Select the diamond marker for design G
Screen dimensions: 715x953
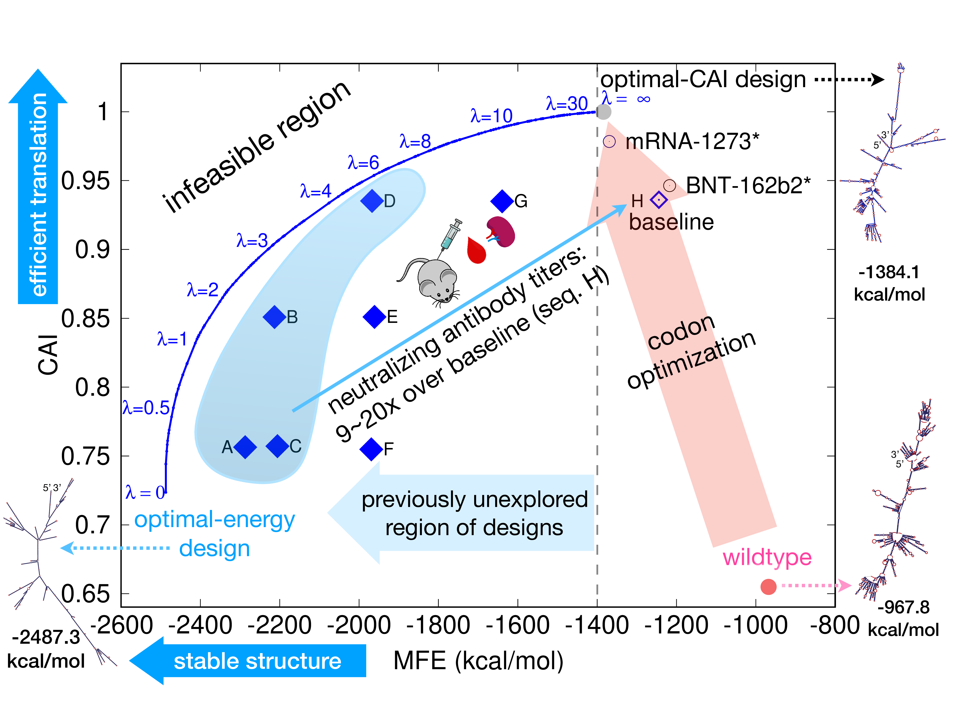(502, 201)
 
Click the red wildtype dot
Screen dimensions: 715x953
(768, 587)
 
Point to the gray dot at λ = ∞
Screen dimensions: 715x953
(604, 112)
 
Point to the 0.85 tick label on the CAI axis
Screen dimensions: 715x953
(85, 319)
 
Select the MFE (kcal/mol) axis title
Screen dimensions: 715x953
(478, 661)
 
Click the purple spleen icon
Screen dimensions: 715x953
(501, 231)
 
